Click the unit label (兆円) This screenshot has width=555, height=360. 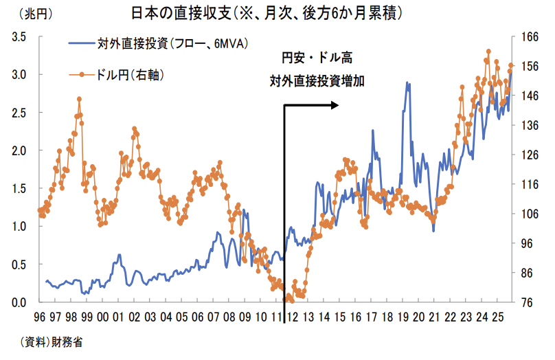(x=32, y=13)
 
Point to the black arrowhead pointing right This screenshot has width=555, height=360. (x=335, y=105)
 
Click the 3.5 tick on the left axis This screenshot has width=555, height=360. (x=19, y=38)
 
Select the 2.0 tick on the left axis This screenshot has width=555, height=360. (x=19, y=150)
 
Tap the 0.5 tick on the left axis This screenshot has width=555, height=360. (x=19, y=265)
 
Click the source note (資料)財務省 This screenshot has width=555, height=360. (x=52, y=343)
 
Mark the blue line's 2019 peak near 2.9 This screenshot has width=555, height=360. (x=407, y=83)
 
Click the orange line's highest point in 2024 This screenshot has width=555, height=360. (x=488, y=52)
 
